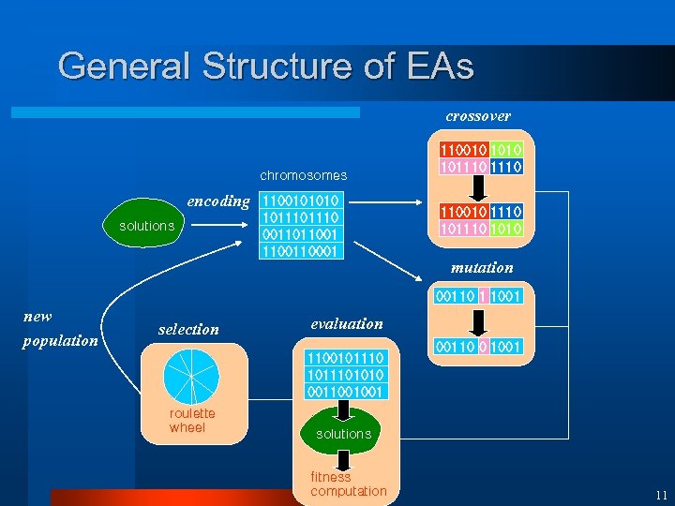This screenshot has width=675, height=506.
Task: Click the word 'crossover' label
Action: tap(478, 116)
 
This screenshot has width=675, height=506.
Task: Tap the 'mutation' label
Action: tap(482, 268)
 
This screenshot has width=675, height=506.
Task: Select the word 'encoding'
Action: tap(218, 201)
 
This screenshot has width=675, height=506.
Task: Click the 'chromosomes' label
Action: tap(303, 175)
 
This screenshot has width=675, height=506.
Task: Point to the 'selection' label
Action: tap(188, 329)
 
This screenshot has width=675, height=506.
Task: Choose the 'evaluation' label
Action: tap(347, 323)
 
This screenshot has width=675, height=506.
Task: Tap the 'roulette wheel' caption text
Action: tap(192, 421)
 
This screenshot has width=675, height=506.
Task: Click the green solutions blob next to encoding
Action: tap(146, 226)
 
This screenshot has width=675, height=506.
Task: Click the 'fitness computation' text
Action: tap(348, 484)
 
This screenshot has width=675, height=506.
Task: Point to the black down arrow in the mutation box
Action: tap(478, 321)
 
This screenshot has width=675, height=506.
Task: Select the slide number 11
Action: tap(661, 495)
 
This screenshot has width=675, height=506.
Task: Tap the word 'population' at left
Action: tap(61, 341)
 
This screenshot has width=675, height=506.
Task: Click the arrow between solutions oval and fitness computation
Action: tap(343, 459)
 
